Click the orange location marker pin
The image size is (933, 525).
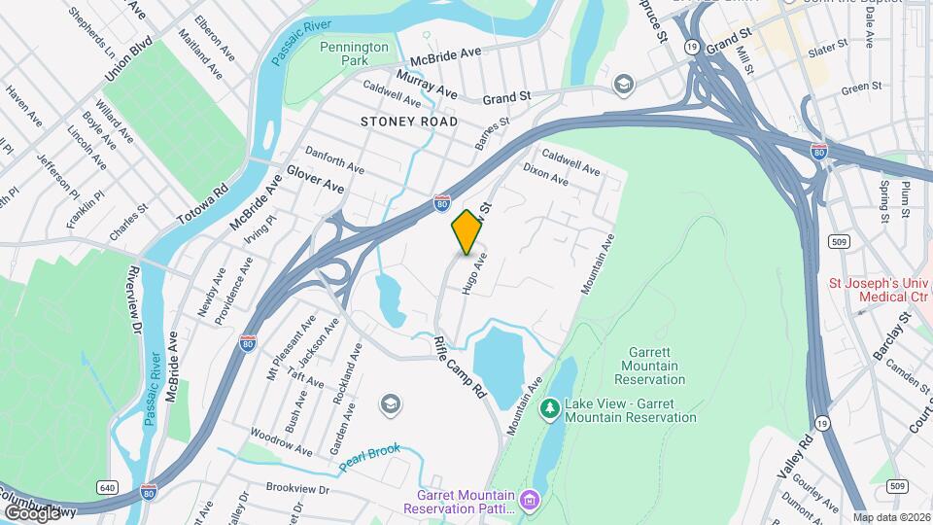click(466, 231)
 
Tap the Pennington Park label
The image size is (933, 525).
click(354, 53)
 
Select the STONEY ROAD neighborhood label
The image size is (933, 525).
click(408, 122)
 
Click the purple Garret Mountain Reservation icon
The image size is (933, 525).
click(530, 501)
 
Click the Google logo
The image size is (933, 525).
click(31, 511)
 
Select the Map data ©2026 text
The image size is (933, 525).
click(891, 516)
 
